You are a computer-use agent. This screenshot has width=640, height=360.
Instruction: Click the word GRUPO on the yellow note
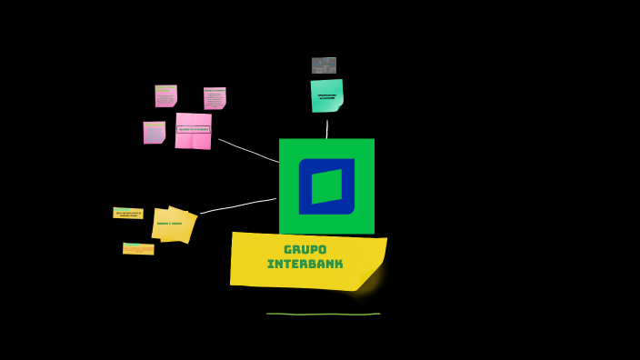point(305,249)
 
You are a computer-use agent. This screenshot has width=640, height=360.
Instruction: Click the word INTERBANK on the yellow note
point(305,265)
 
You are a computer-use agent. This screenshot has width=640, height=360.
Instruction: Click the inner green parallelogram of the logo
point(326,186)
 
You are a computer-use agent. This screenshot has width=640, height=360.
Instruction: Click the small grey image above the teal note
point(324,65)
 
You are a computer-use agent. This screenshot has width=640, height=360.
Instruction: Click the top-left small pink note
point(165,95)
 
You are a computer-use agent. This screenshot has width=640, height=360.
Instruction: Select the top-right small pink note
point(215,97)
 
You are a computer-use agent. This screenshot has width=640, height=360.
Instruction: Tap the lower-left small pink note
point(154,133)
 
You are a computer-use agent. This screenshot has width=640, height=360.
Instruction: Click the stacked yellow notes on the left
point(173,225)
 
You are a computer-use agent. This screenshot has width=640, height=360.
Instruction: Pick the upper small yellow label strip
point(127,213)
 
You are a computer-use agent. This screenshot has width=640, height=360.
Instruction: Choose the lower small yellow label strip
point(138,248)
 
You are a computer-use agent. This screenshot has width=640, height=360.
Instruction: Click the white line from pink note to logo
point(247,151)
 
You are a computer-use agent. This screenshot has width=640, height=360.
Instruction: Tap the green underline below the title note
point(323,314)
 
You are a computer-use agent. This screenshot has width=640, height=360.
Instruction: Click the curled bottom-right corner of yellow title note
point(369,277)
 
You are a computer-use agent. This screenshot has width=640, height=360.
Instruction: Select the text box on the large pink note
point(193,129)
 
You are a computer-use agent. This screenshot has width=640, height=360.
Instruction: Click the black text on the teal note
point(326,95)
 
